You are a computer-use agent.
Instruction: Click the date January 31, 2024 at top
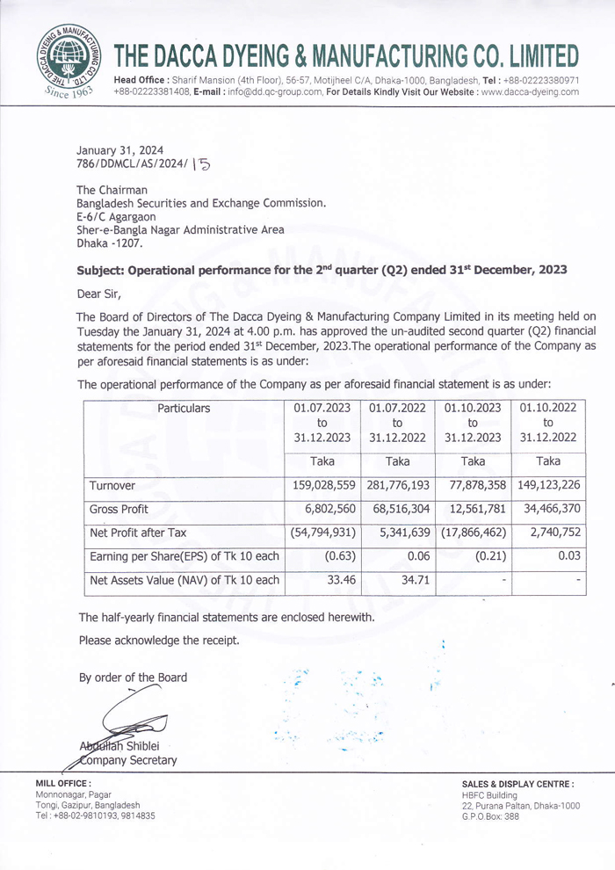[x=120, y=150]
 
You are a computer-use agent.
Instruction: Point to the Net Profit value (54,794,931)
[x=322, y=533]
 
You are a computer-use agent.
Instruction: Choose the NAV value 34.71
[x=413, y=580]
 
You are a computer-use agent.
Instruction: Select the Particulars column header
[x=184, y=409]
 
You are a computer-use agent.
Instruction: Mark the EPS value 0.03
[x=567, y=556]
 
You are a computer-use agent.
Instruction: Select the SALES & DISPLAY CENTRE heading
[x=518, y=783]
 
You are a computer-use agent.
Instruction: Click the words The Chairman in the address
[x=112, y=190]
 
